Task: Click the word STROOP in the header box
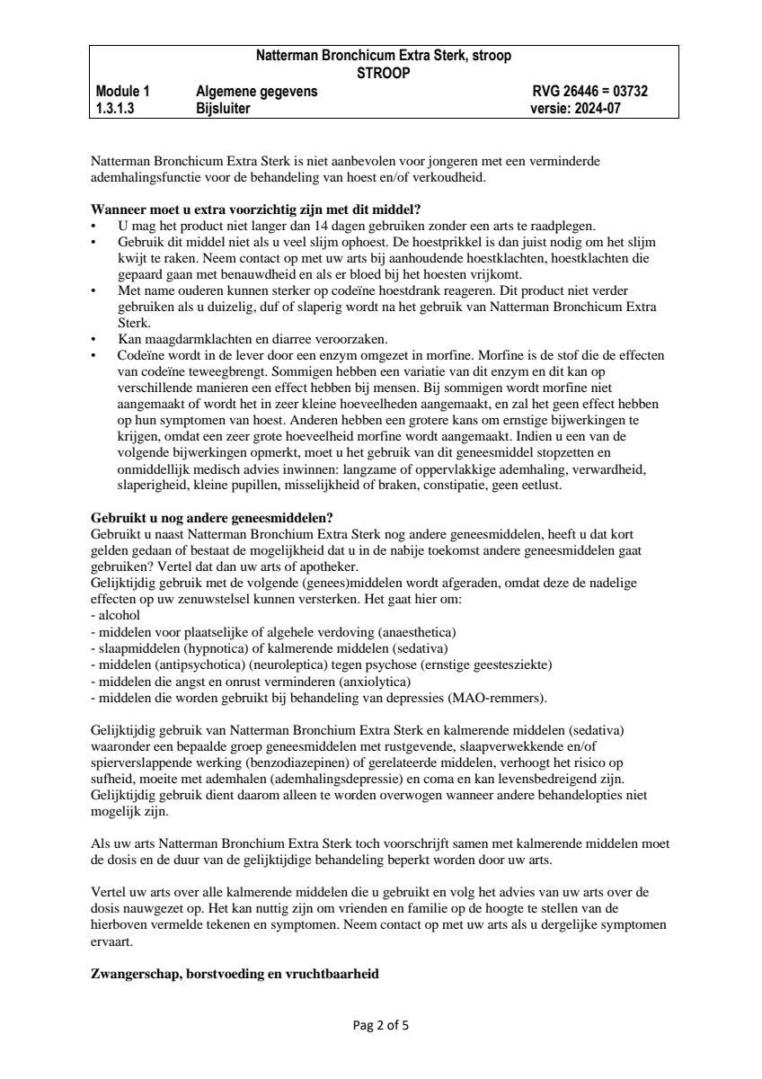[x=384, y=73]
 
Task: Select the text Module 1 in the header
[x=123, y=91]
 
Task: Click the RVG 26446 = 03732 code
[x=590, y=91]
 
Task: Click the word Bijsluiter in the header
[x=223, y=109]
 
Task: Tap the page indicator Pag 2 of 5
[x=381, y=1024]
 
